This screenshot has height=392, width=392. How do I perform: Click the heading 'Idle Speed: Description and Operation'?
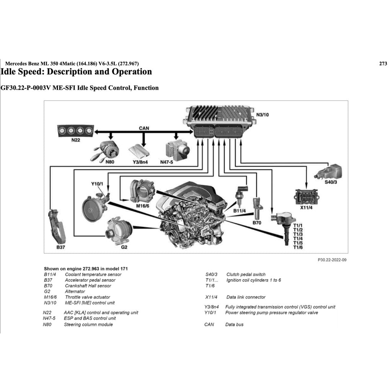coord(76,72)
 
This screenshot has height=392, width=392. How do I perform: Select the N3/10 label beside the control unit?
coord(263,114)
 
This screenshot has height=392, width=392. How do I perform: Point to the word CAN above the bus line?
coord(144,128)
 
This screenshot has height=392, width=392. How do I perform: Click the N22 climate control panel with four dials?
coord(75,131)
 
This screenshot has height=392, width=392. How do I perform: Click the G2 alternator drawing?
coord(118,229)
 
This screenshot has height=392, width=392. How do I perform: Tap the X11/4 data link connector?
coord(306,197)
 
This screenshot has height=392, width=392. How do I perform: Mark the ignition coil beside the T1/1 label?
coord(283,226)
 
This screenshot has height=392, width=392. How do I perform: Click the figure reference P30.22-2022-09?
coord(332,260)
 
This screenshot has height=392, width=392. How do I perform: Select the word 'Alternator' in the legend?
coord(75,291)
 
